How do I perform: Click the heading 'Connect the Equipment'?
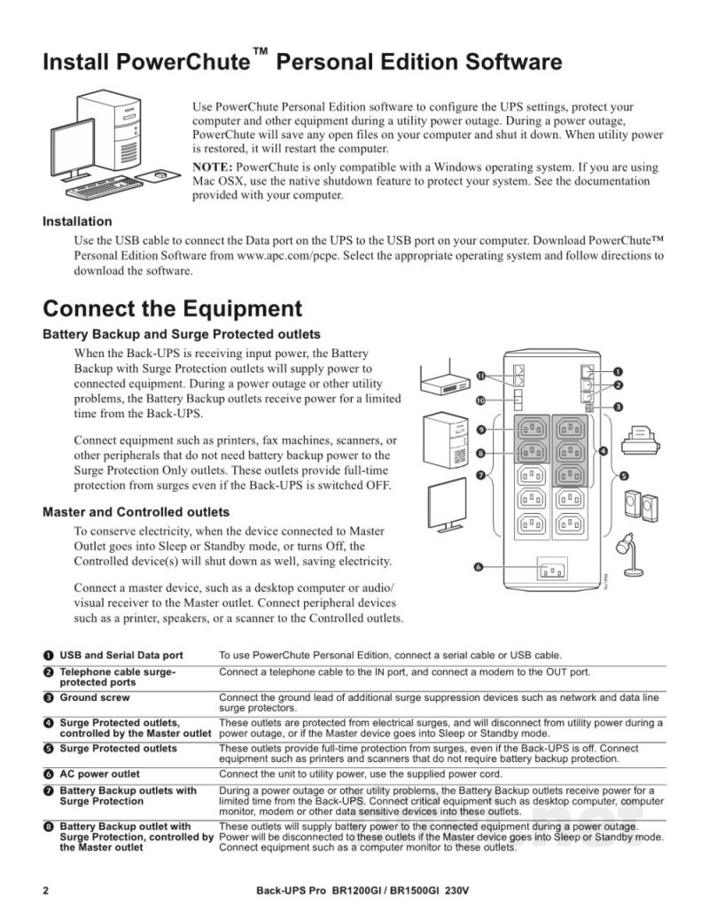tap(173, 309)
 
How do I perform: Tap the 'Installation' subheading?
tap(77, 221)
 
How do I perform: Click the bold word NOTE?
tap(213, 167)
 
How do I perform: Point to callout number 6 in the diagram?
tap(478, 567)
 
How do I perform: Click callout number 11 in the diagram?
tap(481, 376)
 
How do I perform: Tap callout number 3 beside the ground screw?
tap(619, 407)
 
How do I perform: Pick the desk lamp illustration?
tap(629, 555)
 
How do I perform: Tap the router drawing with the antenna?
tap(445, 381)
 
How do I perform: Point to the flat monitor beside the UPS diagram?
tap(448, 505)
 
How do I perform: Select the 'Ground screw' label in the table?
tap(95, 697)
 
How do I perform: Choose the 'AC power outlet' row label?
tap(99, 774)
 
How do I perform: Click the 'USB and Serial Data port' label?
tap(121, 656)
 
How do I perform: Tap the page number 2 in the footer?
tap(45, 891)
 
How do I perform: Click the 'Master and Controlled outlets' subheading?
tap(136, 512)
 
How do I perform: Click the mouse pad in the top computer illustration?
tap(160, 175)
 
